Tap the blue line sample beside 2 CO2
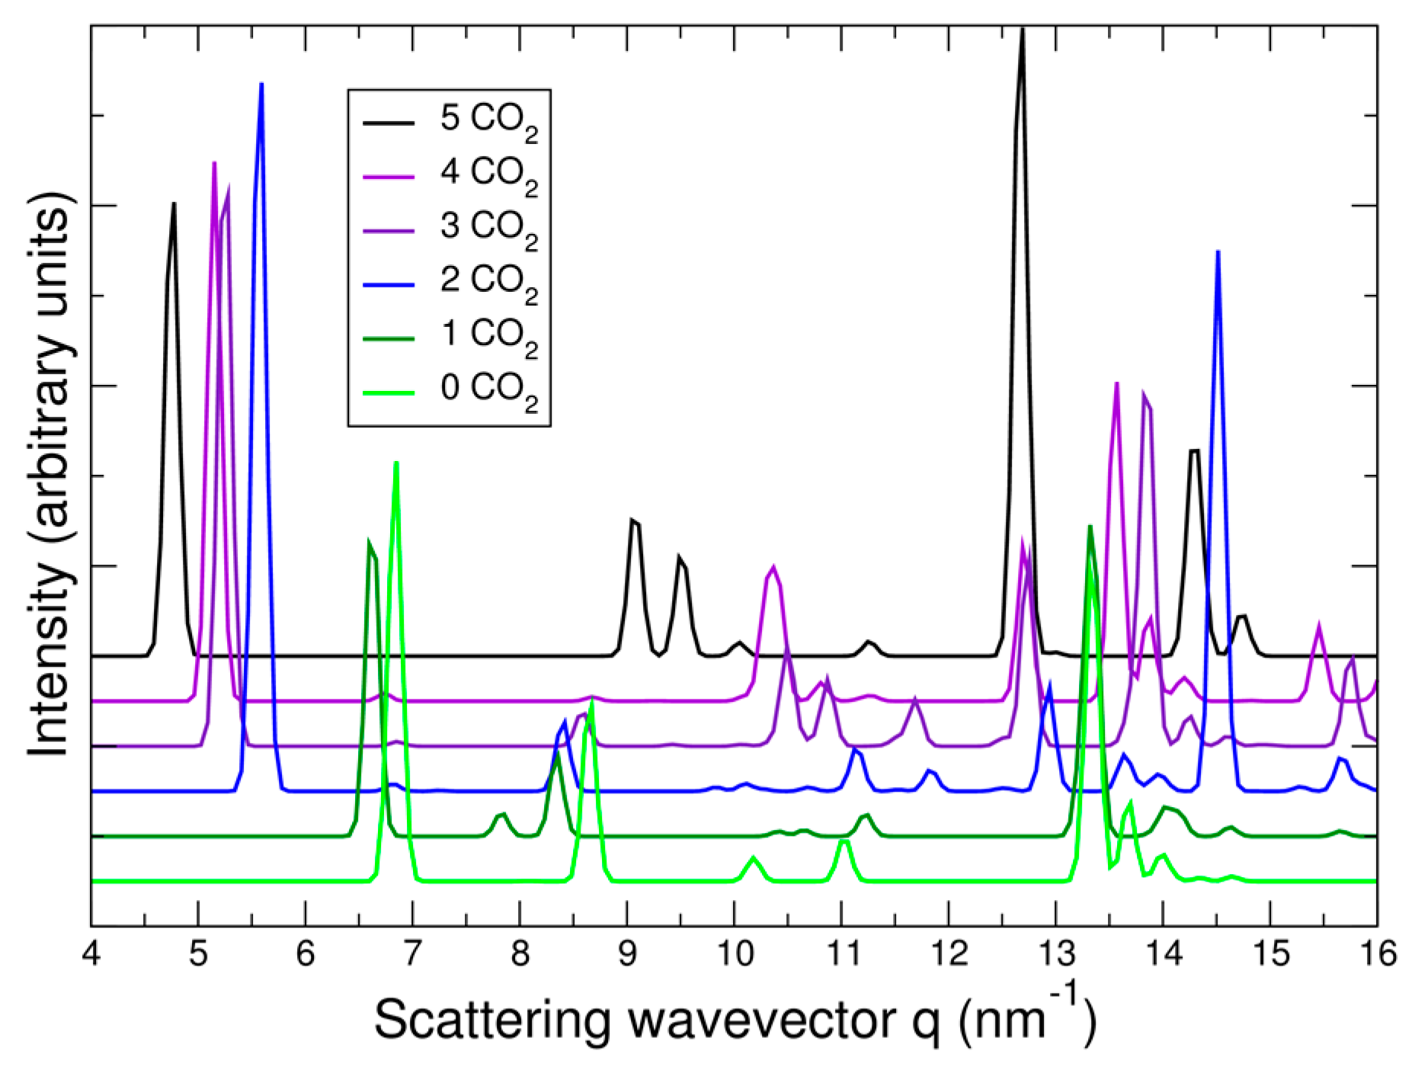click(x=388, y=284)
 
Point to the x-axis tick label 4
click(x=91, y=954)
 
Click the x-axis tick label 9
click(x=627, y=954)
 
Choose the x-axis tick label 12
click(x=948, y=954)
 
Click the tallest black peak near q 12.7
click(x=1022, y=30)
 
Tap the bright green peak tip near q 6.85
click(x=395, y=463)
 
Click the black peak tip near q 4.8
click(x=174, y=203)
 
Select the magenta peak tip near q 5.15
click(x=214, y=163)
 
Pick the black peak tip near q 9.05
click(x=632, y=520)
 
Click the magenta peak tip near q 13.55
click(x=1116, y=383)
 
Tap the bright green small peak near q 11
click(x=843, y=841)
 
